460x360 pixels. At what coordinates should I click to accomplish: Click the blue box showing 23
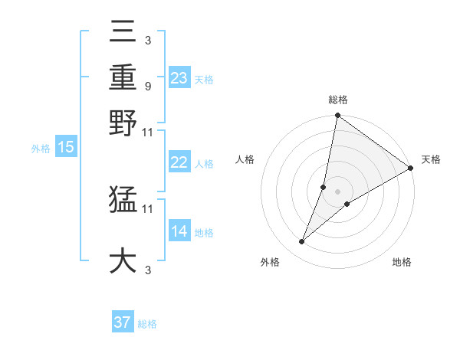point(179,77)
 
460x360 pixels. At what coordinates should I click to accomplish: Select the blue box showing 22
point(179,162)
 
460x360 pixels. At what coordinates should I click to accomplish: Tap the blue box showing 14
point(179,231)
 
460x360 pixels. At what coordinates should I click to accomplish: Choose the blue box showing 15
point(66,147)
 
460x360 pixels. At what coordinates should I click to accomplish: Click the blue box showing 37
point(123,322)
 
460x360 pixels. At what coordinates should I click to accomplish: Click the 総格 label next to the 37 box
point(147,324)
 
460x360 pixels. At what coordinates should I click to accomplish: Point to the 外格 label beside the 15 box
point(40,149)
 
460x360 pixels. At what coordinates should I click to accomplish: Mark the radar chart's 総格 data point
point(337,116)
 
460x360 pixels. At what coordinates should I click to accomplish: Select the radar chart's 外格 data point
point(301,242)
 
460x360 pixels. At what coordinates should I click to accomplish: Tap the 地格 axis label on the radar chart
point(402,263)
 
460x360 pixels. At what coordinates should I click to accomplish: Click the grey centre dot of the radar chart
point(337,191)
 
